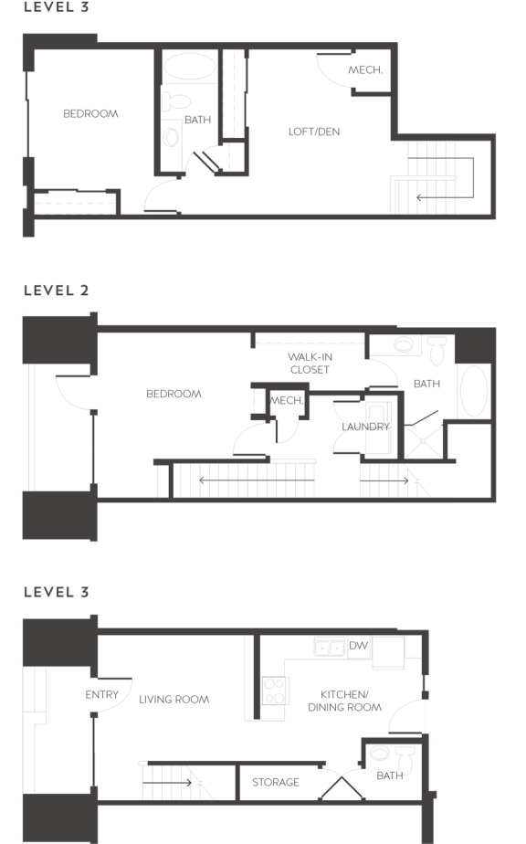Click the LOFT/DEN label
point(313,132)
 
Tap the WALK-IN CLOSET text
point(310,364)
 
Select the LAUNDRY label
point(365,427)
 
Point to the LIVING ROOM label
point(174,700)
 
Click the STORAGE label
point(276,783)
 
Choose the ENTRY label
point(102,695)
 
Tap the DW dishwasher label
point(358,646)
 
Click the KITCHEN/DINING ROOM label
point(344,701)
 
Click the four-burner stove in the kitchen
point(274,691)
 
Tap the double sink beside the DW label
point(330,648)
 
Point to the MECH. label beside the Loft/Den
point(365,70)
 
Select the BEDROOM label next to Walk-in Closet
point(174,394)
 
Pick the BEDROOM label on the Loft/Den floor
point(90,114)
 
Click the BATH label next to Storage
point(390,776)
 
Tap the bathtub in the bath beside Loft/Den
point(190,68)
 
